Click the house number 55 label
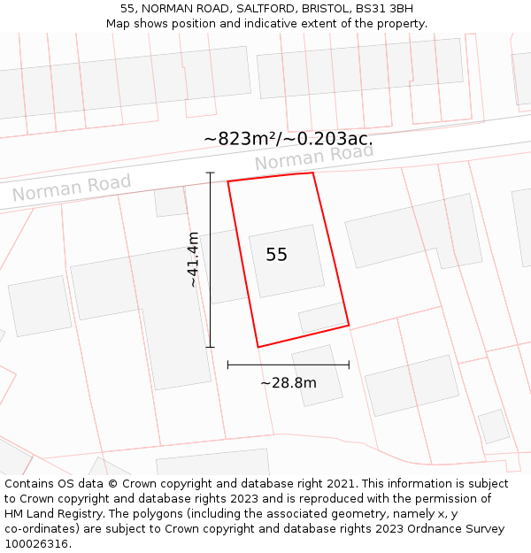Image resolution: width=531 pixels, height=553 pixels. point(276,255)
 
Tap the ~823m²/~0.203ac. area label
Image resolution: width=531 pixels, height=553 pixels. point(288,139)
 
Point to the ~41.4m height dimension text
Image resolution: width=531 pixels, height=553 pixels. point(194,259)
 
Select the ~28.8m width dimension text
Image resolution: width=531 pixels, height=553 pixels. point(288,383)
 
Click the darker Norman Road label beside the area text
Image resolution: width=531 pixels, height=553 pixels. point(314,157)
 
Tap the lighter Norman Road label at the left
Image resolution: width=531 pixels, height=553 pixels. point(71,188)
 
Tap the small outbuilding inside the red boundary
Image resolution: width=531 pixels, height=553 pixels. point(322,318)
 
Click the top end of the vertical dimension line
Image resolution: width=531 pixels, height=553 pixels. point(210,173)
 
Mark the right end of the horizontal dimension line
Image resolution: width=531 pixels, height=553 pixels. point(349,364)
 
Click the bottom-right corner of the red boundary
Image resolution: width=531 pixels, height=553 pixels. point(349,325)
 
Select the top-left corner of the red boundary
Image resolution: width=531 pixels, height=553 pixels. point(228,181)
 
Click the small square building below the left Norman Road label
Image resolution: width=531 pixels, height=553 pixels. point(170,202)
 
